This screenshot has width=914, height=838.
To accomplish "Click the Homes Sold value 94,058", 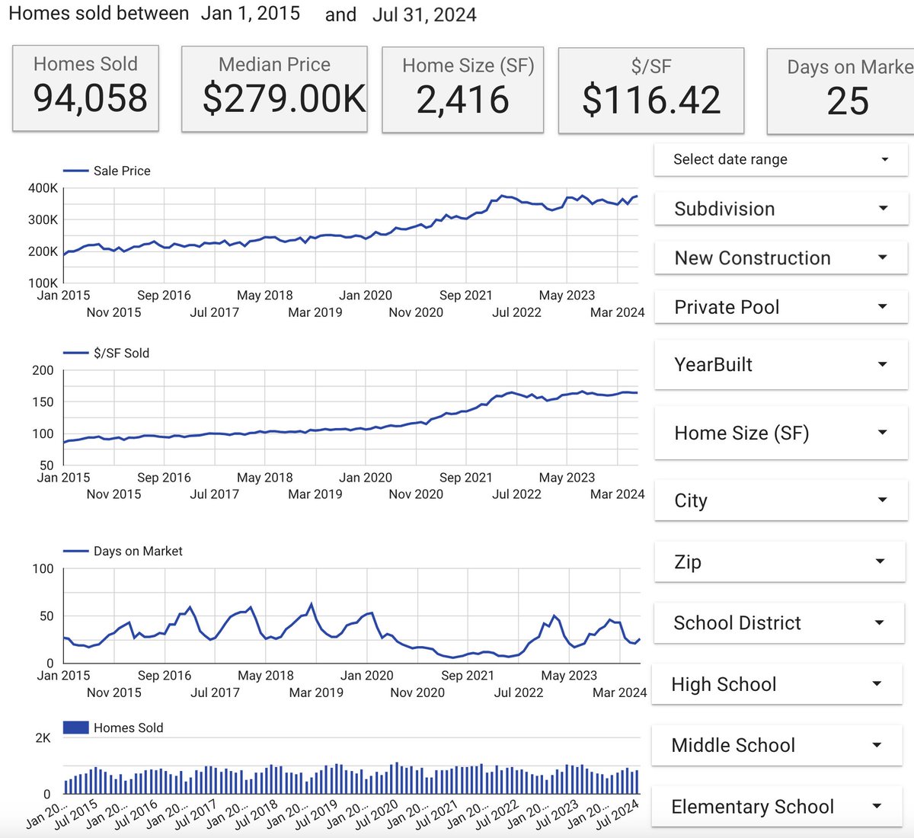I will coord(90,99).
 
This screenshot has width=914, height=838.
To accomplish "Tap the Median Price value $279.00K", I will coord(283,100).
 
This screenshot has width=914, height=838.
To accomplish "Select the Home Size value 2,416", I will coord(462,101).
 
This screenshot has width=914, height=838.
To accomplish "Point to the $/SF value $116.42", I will coord(651,101).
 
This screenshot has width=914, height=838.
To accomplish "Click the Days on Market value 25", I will coord(848,102).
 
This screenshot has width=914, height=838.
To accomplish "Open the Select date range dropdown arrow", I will coord(884,160).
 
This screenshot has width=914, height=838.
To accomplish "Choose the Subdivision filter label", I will coord(724,209).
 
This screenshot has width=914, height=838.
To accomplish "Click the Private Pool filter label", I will coord(727,307).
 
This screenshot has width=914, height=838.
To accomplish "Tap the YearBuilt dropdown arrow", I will coord(883,365).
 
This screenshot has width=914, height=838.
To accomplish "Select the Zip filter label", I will coord(688,562).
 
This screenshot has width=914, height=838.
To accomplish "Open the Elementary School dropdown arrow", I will coord(877,807).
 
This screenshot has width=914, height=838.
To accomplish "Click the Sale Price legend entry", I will coord(121,171).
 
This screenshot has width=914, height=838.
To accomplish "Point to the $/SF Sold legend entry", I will coord(121,353).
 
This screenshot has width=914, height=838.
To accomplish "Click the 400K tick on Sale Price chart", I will coord(43,188).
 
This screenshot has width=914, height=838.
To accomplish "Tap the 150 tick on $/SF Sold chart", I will coord(43,402).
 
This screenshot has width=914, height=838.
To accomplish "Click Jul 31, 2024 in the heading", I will coord(424,15).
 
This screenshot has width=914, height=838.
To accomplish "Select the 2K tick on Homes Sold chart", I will coord(43,738).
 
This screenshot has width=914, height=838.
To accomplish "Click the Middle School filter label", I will coord(733,745).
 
